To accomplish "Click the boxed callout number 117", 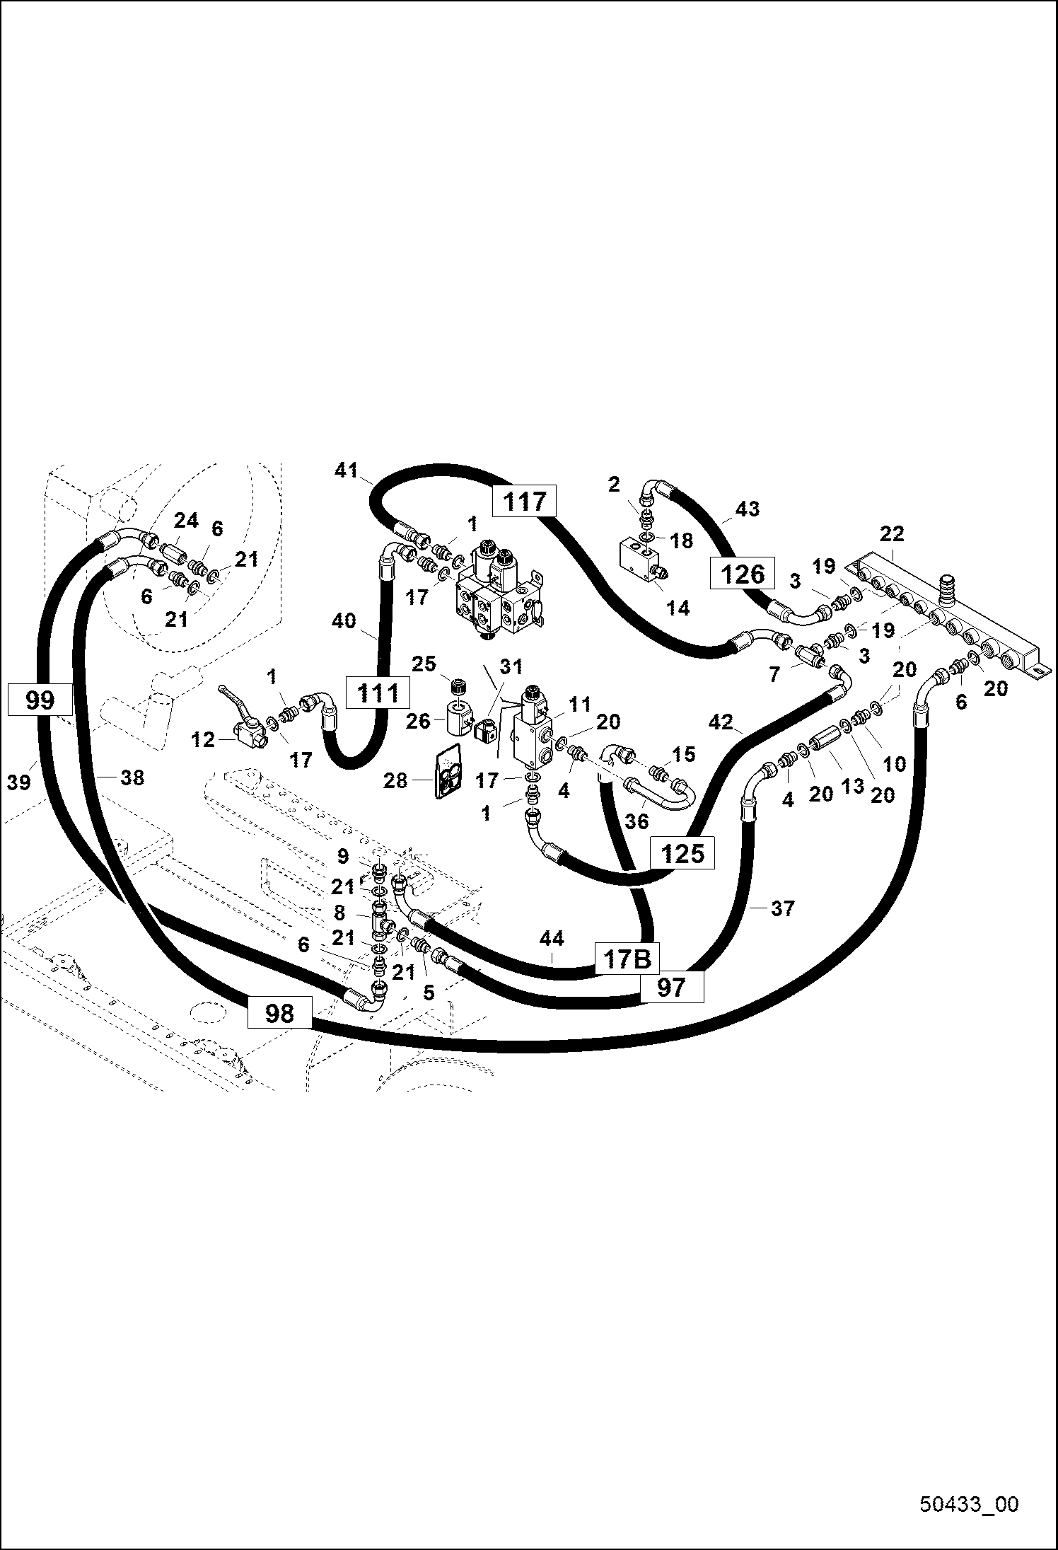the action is [525, 502].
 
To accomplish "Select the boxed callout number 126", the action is [743, 574].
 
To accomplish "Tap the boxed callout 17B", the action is [627, 959].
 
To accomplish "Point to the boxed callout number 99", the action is [40, 700].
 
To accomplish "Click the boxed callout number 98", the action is [279, 1013].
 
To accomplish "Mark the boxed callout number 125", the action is [682, 853].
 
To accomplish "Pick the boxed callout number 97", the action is [672, 986].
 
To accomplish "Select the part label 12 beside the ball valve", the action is [203, 739].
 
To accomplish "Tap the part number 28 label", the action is [395, 780].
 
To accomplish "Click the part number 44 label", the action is [552, 939].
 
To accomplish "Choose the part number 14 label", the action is [678, 607].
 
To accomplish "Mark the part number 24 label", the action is [186, 521].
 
